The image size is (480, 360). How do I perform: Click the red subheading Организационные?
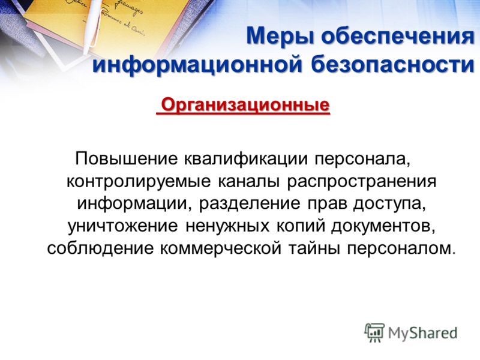245,106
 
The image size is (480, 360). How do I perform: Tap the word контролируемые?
139,182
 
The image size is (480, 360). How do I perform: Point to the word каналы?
248,182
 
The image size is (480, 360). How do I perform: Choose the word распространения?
361,182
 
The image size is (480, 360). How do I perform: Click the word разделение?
250,204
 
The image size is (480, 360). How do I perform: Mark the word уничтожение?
122,226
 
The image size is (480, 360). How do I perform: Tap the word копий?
301,226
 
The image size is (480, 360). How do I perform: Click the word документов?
383,226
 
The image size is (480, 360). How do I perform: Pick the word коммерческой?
220,248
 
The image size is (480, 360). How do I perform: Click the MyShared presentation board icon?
374,332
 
